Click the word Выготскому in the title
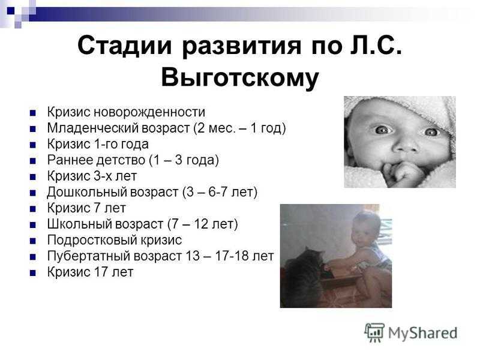pos(240,78)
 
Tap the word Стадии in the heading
pos(125,46)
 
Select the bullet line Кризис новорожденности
pos(126,112)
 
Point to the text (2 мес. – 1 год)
pos(239,128)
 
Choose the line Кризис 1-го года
pos(98,144)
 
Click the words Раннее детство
pos(96,160)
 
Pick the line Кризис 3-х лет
pos(92,176)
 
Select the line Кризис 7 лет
pos(86,208)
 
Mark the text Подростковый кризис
pos(115,240)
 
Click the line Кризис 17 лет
pos(91,272)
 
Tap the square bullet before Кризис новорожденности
pos(33,113)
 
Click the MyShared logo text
pos(423,333)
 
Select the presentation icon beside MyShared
pos(374,332)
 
